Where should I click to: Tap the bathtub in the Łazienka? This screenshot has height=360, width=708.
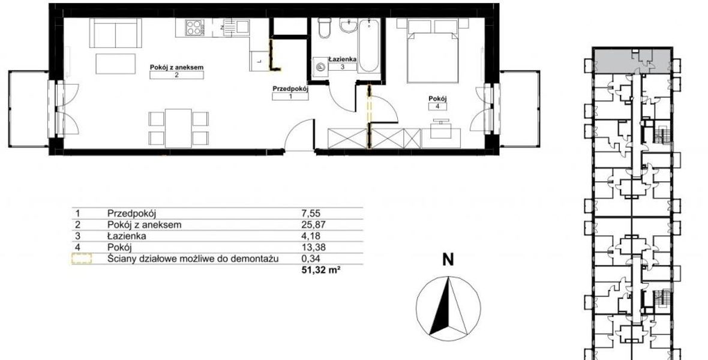point(369,45)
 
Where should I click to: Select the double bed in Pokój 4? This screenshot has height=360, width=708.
point(433,51)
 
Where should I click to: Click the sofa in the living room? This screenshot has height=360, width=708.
point(116,33)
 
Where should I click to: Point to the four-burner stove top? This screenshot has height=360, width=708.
point(195,28)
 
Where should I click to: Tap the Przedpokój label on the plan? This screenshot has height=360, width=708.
point(290,89)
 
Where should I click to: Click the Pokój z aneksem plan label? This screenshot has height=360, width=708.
point(176,67)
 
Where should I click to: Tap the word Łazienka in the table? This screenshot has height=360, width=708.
point(127,236)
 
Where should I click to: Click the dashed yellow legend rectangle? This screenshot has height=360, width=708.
point(82,259)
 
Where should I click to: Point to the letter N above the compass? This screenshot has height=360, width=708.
point(448,260)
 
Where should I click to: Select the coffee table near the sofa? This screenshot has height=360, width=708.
point(116,64)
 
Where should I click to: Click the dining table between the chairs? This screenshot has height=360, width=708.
point(178,128)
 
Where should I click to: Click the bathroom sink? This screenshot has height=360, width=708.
point(349,26)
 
